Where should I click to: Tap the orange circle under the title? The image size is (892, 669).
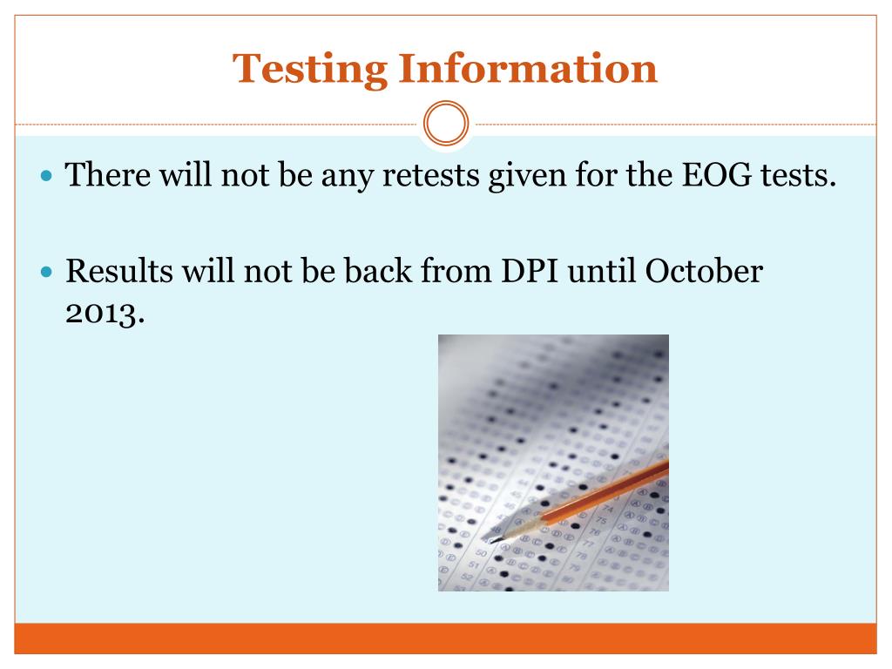point(446,125)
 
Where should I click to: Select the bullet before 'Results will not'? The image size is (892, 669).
point(48,272)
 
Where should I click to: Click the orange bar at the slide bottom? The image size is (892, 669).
point(446,638)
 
